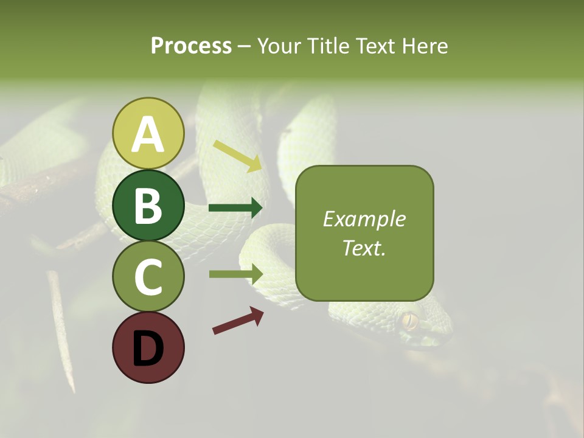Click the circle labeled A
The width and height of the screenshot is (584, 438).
[148, 133]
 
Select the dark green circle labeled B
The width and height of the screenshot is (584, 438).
[148, 205]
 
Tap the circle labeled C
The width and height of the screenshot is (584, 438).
[148, 276]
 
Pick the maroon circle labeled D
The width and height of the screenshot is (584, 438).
[148, 347]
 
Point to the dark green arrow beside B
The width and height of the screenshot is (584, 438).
[235, 208]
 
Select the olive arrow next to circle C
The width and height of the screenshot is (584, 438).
[236, 274]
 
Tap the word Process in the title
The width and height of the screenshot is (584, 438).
[191, 46]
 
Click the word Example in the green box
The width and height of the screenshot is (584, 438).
[364, 219]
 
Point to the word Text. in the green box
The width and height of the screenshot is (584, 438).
[364, 248]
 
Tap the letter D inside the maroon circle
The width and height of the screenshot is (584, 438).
[148, 349]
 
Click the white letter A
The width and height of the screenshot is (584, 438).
[148, 134]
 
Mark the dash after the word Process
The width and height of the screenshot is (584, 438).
[245, 47]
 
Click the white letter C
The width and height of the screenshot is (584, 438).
[148, 277]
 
